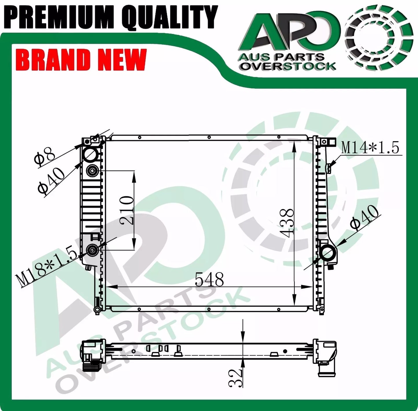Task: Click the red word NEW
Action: [121, 60]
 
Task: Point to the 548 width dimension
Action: [209, 279]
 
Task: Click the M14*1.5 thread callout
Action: [370, 147]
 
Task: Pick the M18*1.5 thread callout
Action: [46, 267]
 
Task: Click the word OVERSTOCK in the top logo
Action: [288, 66]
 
